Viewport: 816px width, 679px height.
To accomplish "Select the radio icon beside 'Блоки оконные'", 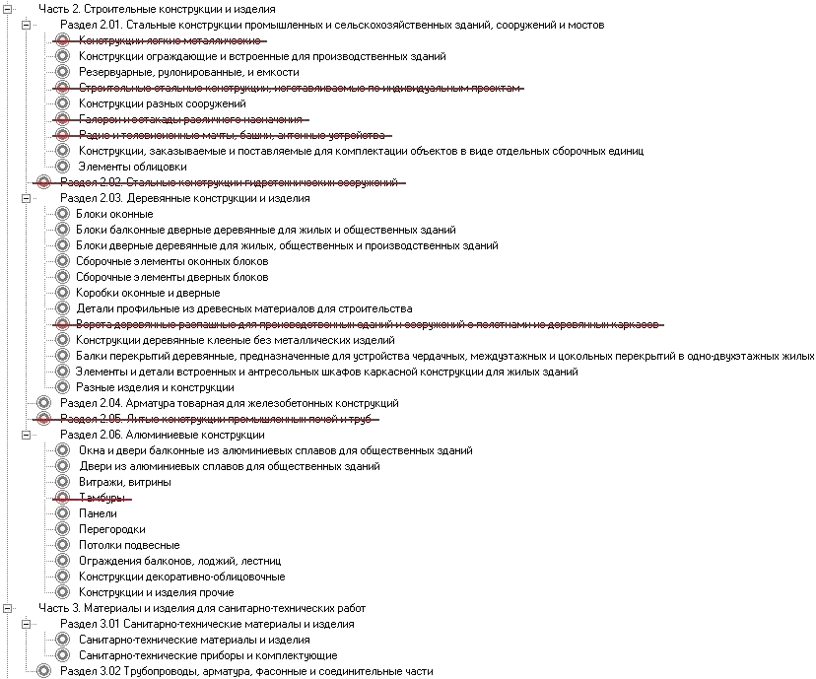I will [x=63, y=214].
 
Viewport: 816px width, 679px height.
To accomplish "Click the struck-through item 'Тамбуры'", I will [x=98, y=498].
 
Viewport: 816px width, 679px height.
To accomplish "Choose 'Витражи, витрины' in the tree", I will [x=124, y=482].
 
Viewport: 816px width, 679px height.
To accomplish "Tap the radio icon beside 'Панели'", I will [x=63, y=513].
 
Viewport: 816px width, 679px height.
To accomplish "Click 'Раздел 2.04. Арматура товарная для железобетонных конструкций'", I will [x=229, y=403].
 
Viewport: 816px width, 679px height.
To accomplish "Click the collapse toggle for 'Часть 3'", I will [x=7, y=608].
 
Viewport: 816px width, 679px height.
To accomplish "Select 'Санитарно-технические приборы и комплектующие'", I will [x=207, y=655].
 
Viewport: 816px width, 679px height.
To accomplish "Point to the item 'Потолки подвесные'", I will [x=128, y=545].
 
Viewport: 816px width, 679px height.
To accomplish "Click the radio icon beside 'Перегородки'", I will [x=63, y=529].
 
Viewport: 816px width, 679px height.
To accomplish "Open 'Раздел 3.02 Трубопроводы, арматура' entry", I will [x=245, y=671].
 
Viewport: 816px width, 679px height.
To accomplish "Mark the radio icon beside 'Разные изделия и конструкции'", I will [x=63, y=387].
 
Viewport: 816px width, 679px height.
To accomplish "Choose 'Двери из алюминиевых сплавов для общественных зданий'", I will [x=229, y=466].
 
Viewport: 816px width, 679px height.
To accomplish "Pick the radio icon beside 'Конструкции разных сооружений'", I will [x=63, y=103].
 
